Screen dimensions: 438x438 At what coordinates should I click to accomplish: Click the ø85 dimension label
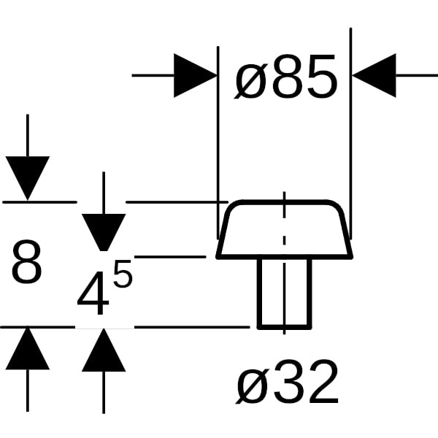[x=286, y=80]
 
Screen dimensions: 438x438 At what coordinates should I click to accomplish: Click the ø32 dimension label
[x=288, y=383]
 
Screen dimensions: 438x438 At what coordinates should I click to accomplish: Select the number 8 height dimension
[x=27, y=264]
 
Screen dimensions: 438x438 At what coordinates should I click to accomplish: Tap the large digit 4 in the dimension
[x=93, y=296]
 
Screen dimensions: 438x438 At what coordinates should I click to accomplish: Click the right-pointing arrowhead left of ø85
[x=195, y=75]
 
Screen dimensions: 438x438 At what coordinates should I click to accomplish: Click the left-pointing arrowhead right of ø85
[x=374, y=75]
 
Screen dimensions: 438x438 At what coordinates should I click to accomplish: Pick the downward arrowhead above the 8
[x=27, y=177]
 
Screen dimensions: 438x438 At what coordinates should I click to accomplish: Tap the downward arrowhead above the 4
[x=104, y=231]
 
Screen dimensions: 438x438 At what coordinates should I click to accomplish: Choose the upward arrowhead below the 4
[x=104, y=351]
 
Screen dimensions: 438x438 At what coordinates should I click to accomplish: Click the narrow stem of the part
[x=284, y=292]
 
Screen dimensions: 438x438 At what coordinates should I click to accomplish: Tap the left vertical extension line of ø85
[x=218, y=131]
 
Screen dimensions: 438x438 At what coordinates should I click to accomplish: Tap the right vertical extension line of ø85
[x=351, y=131]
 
